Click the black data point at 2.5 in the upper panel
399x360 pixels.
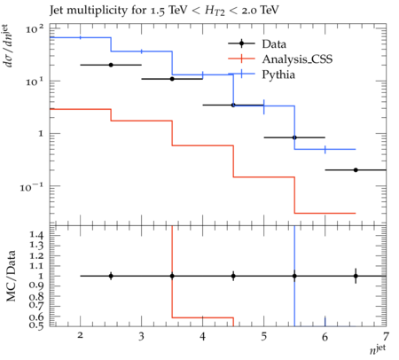pos(111,65)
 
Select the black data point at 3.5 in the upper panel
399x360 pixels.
pos(172,79)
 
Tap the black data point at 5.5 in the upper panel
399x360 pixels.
pos(294,137)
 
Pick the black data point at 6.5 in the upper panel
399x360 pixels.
pos(356,170)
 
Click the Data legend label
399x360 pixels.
pos(274,44)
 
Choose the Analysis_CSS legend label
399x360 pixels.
pos(297,59)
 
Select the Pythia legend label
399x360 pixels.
pos(278,74)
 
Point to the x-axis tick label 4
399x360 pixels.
pos(202,337)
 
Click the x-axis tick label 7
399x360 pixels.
pos(386,337)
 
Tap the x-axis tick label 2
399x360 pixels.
pos(80,335)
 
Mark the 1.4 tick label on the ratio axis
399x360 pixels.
pos(36,235)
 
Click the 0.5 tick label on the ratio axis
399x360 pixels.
pos(36,325)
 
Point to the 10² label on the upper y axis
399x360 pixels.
pos(35,29)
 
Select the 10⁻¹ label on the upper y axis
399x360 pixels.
pos(32,187)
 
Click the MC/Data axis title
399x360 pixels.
pos(12,276)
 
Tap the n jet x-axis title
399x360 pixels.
pos(378,349)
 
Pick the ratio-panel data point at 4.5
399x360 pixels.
pos(233,276)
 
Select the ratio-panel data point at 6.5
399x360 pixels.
pos(356,276)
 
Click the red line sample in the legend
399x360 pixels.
pos(241,59)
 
